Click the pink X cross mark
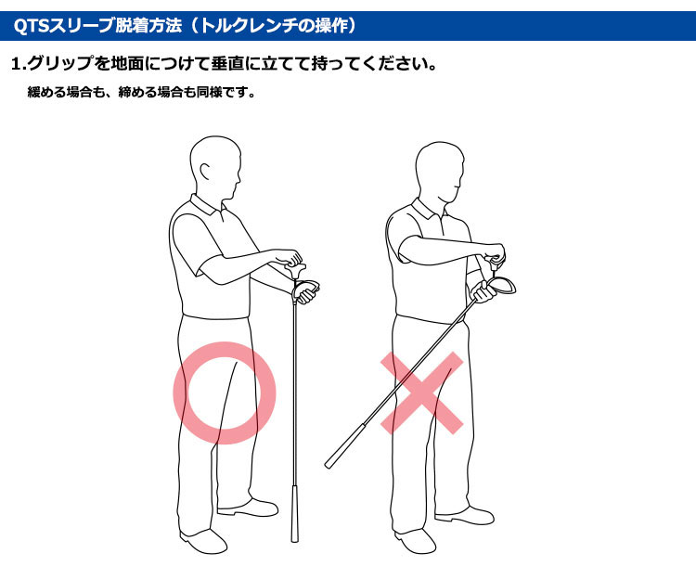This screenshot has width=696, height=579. click(x=421, y=392)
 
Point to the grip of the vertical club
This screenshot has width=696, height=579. click(x=294, y=513)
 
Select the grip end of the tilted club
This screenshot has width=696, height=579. click(x=329, y=465)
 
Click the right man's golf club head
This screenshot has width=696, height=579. click(x=502, y=285)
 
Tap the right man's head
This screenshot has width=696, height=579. click(x=440, y=174)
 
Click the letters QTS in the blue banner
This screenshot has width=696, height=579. click(x=31, y=26)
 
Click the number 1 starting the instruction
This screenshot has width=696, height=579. click(x=17, y=64)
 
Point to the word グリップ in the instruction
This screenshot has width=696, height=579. click(x=60, y=63)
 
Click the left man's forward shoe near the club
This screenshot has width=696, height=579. click(x=249, y=508)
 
